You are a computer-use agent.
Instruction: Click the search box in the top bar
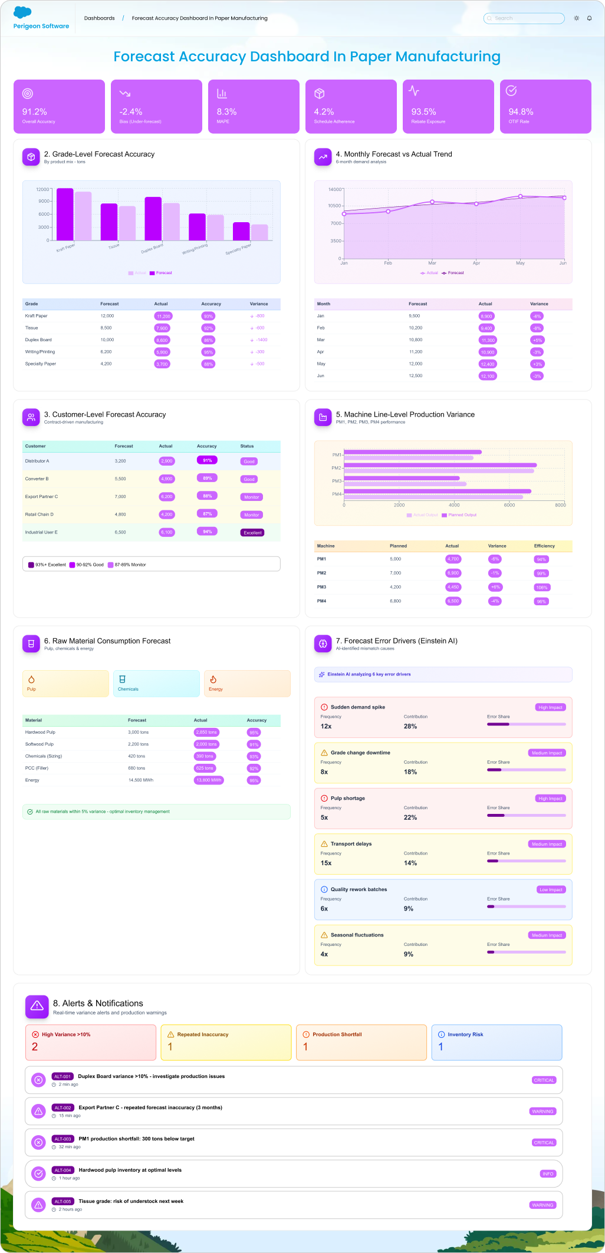coord(524,18)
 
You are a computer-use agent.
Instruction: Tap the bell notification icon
coord(589,18)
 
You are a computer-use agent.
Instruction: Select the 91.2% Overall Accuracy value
coord(35,112)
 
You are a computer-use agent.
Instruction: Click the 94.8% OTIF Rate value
coord(521,112)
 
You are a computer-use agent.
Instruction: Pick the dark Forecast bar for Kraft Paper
coord(65,214)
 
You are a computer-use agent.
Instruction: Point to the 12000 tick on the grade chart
coord(42,189)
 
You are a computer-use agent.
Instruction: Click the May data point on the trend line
coord(520,196)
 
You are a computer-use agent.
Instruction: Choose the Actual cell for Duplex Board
coord(162,340)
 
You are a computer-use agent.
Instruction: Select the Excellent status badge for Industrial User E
coord(252,533)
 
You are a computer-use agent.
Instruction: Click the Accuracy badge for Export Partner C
coord(207,496)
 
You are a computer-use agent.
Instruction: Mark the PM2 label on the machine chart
coord(336,468)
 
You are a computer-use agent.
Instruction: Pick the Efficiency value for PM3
coord(541,588)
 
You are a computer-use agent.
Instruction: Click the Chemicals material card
coord(156,684)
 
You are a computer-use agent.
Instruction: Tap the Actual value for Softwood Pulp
coord(206,744)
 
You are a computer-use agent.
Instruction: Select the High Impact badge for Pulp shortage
coord(550,799)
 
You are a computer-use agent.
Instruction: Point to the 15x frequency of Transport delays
coord(326,863)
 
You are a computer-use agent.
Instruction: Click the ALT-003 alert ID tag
coord(63,1139)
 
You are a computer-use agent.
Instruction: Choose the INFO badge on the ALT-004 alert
coord(548,1173)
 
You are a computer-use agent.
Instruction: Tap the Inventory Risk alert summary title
coord(465,1034)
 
